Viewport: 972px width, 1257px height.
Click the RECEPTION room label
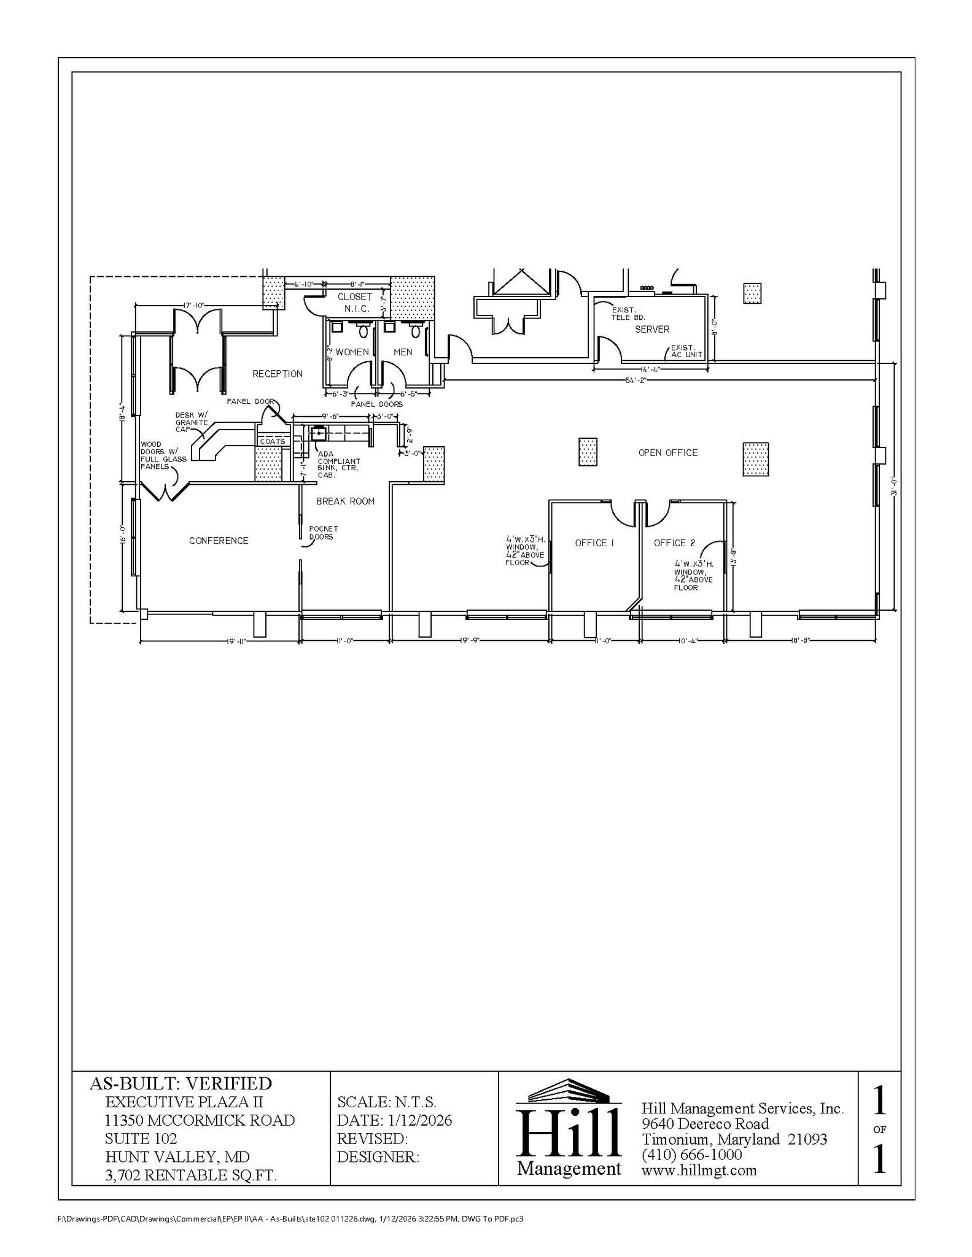tap(277, 374)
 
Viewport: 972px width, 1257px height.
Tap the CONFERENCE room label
tap(219, 541)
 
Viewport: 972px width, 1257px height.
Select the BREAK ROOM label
tap(345, 501)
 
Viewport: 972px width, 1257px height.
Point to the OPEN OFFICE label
tap(668, 453)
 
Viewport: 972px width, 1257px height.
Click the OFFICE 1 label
tap(594, 543)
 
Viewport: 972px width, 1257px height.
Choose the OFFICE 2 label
tap(674, 543)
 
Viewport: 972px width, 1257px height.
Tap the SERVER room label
tap(652, 330)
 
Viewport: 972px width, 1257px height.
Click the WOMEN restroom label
tap(352, 352)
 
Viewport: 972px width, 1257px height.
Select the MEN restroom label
tap(403, 352)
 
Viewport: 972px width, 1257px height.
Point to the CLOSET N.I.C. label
tap(355, 303)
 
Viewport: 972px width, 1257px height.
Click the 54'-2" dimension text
tap(636, 381)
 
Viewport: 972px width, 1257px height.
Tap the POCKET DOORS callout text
tap(323, 533)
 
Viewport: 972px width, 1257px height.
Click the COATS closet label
tap(272, 441)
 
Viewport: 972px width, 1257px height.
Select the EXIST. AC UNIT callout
tap(686, 351)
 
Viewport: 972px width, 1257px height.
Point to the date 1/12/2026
tap(420, 1121)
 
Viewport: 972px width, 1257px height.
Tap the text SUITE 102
tap(141, 1139)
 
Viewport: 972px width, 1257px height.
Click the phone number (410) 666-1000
tap(692, 1155)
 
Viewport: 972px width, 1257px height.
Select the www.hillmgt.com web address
tap(699, 1170)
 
